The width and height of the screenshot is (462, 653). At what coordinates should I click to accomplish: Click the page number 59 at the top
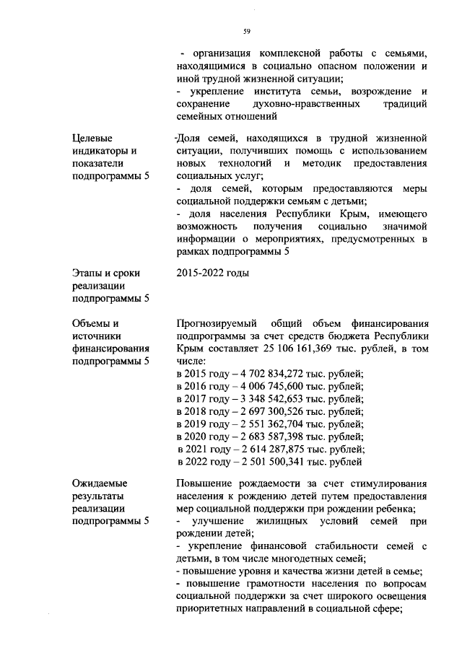click(246, 32)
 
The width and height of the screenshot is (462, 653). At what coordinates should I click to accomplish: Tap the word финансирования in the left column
click(110, 349)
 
